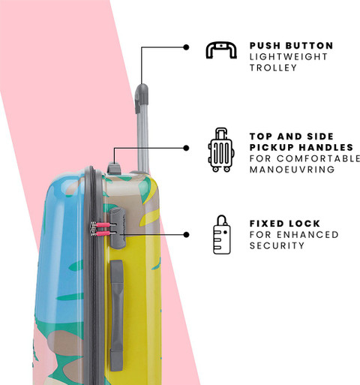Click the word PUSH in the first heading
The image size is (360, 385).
pyautogui.click(x=265, y=46)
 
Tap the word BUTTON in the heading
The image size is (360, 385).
pyautogui.click(x=310, y=46)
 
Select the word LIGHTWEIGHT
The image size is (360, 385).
pyautogui.click(x=289, y=57)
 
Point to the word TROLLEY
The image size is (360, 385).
pyautogui.click(x=273, y=68)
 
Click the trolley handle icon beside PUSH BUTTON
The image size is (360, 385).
pyautogui.click(x=221, y=50)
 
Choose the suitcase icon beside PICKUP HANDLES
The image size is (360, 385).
pyautogui.click(x=221, y=149)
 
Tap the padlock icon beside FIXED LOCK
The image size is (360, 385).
pyautogui.click(x=222, y=235)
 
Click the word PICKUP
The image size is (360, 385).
pyautogui.click(x=272, y=147)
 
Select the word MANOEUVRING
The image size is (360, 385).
pyautogui.click(x=292, y=170)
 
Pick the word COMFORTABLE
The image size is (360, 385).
pyautogui.click(x=318, y=158)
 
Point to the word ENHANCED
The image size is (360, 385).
pyautogui.click(x=307, y=234)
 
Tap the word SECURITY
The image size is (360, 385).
pyautogui.click(x=277, y=245)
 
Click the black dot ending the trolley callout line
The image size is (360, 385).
pyautogui.click(x=186, y=47)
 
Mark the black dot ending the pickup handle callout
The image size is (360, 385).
pyautogui.click(x=186, y=148)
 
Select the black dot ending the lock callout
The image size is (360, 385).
pyautogui.click(x=186, y=234)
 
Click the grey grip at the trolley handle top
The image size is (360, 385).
pyautogui.click(x=142, y=98)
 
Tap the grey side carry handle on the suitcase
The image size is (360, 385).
pyautogui.click(x=117, y=315)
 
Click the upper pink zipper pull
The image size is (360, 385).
pyautogui.click(x=103, y=225)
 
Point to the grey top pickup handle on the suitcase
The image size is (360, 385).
pyautogui.click(x=114, y=168)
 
